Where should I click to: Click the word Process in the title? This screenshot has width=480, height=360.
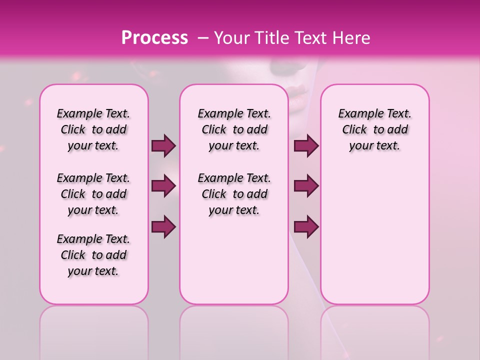pyautogui.click(x=154, y=38)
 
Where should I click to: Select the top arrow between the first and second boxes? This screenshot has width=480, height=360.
pyautogui.click(x=163, y=145)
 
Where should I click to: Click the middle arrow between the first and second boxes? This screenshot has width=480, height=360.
pyautogui.click(x=163, y=186)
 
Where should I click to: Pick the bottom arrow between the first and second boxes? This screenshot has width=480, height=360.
pyautogui.click(x=163, y=226)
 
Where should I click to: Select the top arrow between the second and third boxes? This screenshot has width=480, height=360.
pyautogui.click(x=306, y=145)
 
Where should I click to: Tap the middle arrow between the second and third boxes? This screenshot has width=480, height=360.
pyautogui.click(x=306, y=186)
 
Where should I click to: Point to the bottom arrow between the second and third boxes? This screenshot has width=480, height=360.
pyautogui.click(x=306, y=226)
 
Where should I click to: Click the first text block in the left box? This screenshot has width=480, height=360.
pyautogui.click(x=93, y=129)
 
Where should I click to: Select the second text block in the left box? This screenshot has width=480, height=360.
pyautogui.click(x=93, y=194)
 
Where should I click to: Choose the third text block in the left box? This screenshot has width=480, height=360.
pyautogui.click(x=93, y=255)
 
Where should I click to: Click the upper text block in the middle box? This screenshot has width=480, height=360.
pyautogui.click(x=234, y=129)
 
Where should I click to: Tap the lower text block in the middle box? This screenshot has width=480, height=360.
pyautogui.click(x=234, y=194)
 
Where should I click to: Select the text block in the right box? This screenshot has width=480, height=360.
pyautogui.click(x=375, y=129)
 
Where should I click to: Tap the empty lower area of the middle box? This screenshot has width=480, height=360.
pyautogui.click(x=234, y=260)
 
